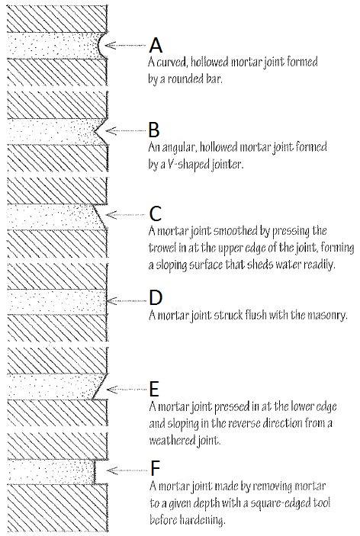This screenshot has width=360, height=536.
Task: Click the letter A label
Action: point(156,46)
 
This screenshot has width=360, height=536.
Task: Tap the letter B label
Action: point(154,130)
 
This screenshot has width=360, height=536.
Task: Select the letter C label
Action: point(156,214)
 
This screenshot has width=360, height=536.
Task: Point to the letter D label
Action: point(156,298)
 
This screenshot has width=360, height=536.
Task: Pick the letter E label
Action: point(154,389)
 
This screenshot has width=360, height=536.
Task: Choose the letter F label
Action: point(155,468)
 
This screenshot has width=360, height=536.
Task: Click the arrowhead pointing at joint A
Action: point(110,45)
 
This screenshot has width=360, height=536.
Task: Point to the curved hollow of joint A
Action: point(99,45)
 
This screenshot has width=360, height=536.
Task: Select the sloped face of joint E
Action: point(99,387)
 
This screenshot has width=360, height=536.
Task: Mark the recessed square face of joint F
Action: point(95,472)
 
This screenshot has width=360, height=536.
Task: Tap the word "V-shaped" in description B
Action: point(188,165)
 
